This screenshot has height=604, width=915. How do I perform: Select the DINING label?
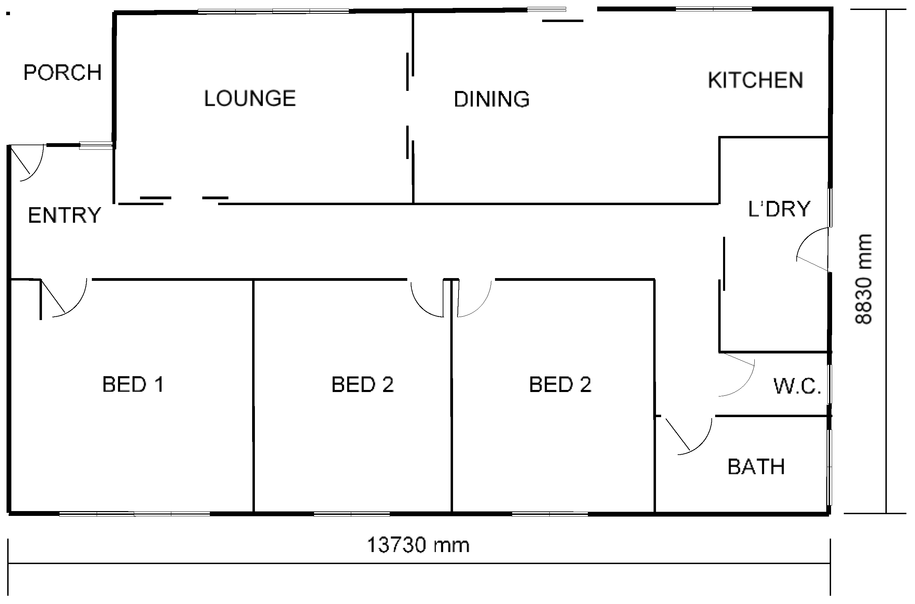pos(492,99)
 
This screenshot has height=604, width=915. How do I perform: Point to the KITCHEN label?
pos(755,80)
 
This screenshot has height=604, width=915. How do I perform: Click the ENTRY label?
pos(64,215)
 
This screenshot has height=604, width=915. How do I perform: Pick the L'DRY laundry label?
pos(779,209)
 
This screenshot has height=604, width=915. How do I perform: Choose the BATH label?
pos(756,467)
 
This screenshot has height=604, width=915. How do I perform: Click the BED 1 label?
pos(133,384)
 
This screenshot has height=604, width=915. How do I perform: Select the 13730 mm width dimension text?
pos(418,545)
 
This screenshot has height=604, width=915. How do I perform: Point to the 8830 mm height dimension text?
pos(863,279)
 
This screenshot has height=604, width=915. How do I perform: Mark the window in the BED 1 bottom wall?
pos(134,514)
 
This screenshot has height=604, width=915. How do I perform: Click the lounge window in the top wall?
pos(273,11)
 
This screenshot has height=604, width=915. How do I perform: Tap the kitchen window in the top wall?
pos(714,9)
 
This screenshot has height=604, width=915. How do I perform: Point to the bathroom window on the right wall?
pos(830,467)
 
